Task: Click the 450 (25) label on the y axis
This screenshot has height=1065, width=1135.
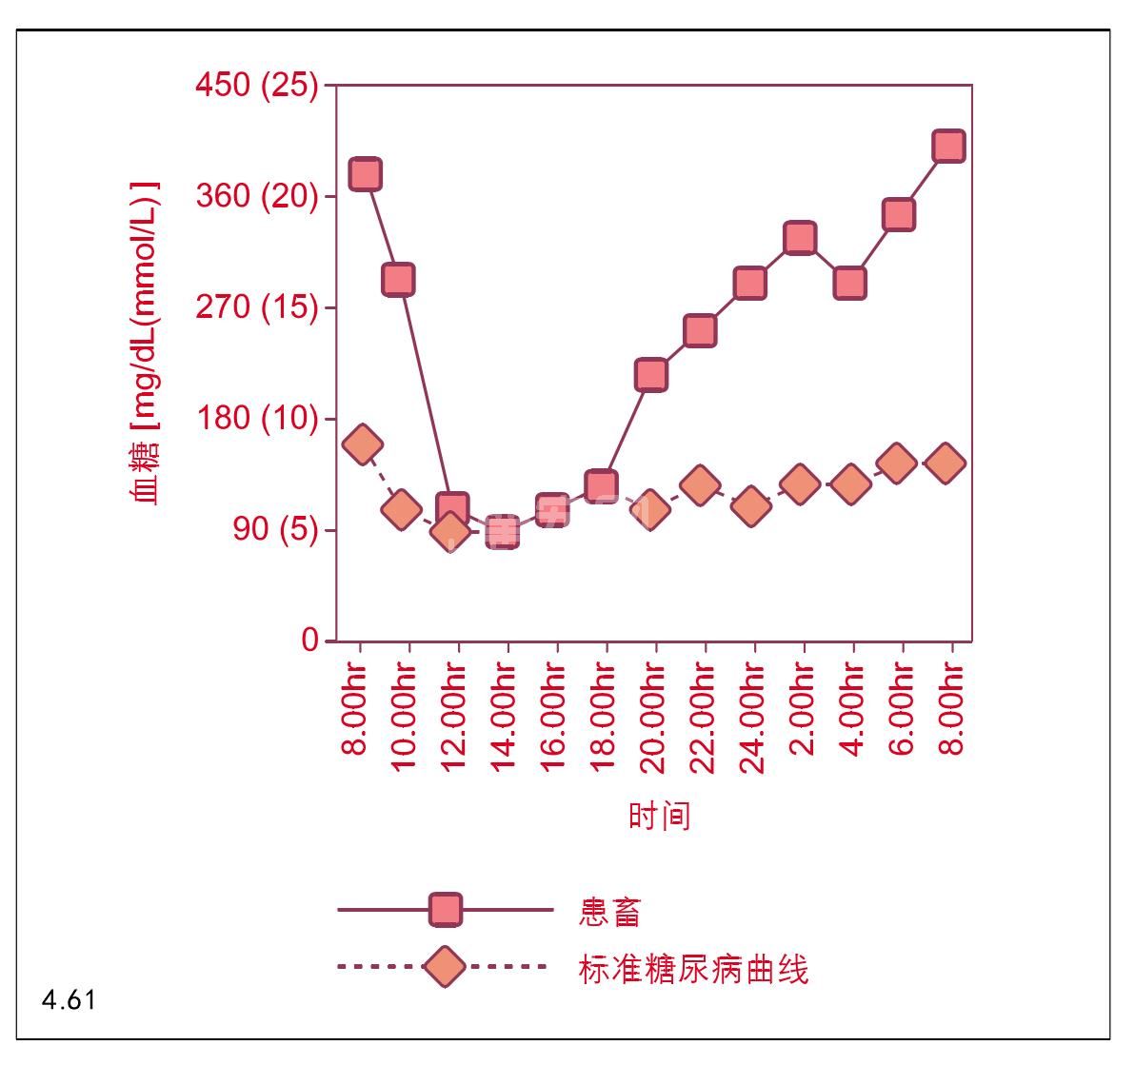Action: (256, 86)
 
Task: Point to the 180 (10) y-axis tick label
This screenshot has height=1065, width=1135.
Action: (256, 418)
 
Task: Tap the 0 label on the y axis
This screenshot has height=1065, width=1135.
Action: (310, 641)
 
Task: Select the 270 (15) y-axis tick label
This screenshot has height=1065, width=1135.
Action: (256, 307)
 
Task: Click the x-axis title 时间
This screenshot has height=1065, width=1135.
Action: (658, 816)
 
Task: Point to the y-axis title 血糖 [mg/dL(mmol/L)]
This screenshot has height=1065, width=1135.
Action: (144, 343)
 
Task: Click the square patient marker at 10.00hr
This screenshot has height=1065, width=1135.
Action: (398, 279)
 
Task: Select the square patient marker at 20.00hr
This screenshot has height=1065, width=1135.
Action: (650, 375)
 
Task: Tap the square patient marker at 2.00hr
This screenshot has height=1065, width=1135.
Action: (800, 237)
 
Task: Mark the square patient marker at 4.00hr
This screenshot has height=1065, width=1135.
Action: (849, 283)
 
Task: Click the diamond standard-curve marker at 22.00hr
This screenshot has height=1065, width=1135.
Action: (700, 485)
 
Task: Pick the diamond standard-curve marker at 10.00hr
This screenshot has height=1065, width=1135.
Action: (402, 509)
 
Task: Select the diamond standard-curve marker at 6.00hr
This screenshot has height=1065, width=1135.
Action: (897, 463)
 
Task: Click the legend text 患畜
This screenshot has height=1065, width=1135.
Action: (609, 911)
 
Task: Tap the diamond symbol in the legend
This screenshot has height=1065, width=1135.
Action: (444, 968)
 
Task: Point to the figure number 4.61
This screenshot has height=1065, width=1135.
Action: (69, 1001)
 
